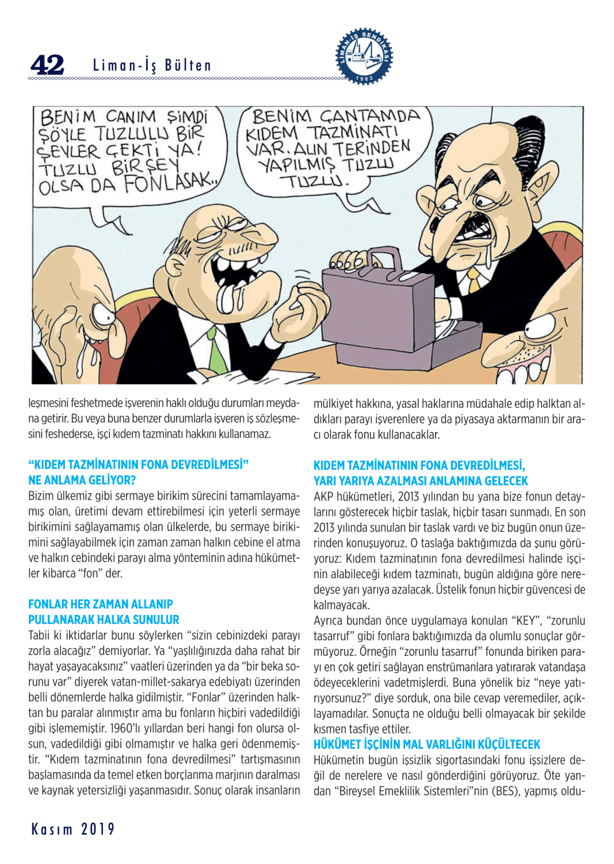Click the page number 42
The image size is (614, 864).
pyautogui.click(x=47, y=65)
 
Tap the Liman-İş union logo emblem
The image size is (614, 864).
pyautogui.click(x=364, y=56)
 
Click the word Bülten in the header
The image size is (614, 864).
pyautogui.click(x=187, y=66)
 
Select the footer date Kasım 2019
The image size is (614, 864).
pyautogui.click(x=73, y=829)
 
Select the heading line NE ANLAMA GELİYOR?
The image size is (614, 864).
pyautogui.click(x=82, y=480)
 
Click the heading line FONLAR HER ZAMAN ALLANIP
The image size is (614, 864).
pyautogui.click(x=100, y=604)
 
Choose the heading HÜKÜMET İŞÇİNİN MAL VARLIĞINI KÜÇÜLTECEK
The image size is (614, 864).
pyautogui.click(x=427, y=745)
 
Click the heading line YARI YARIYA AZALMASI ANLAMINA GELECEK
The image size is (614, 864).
pyautogui.click(x=420, y=481)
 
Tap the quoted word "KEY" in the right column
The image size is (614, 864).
pyautogui.click(x=526, y=621)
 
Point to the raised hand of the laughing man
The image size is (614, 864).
pyautogui.click(x=301, y=310)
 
